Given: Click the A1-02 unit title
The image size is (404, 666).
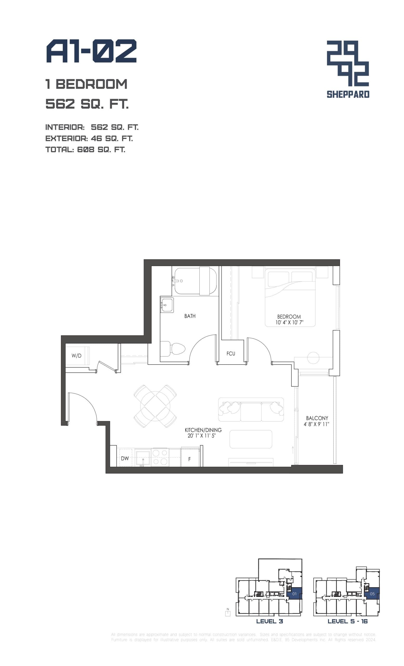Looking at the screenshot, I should (x=91, y=51).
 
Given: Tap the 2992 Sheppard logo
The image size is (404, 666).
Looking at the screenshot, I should (x=348, y=69).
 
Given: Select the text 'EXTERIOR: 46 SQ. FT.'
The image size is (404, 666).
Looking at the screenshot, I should (x=89, y=138).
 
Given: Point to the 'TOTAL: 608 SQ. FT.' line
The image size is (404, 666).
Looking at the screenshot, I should (x=85, y=150).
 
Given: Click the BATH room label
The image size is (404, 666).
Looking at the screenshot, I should (x=190, y=316).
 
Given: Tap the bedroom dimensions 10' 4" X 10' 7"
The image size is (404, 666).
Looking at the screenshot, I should (x=289, y=322).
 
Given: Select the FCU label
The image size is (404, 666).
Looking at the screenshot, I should (x=231, y=354).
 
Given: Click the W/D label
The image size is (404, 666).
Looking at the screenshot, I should (x=76, y=356).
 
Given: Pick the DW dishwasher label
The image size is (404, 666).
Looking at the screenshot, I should (x=125, y=458).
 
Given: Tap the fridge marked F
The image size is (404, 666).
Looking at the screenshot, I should (x=189, y=459).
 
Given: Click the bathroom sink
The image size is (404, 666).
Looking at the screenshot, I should (x=167, y=305).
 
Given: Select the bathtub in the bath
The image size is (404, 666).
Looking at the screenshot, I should (x=195, y=281).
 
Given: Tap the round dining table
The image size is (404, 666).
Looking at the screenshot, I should (x=155, y=406).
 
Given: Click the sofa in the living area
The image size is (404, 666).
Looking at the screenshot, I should (x=251, y=409).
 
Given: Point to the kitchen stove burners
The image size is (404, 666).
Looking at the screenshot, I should (x=160, y=457).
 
